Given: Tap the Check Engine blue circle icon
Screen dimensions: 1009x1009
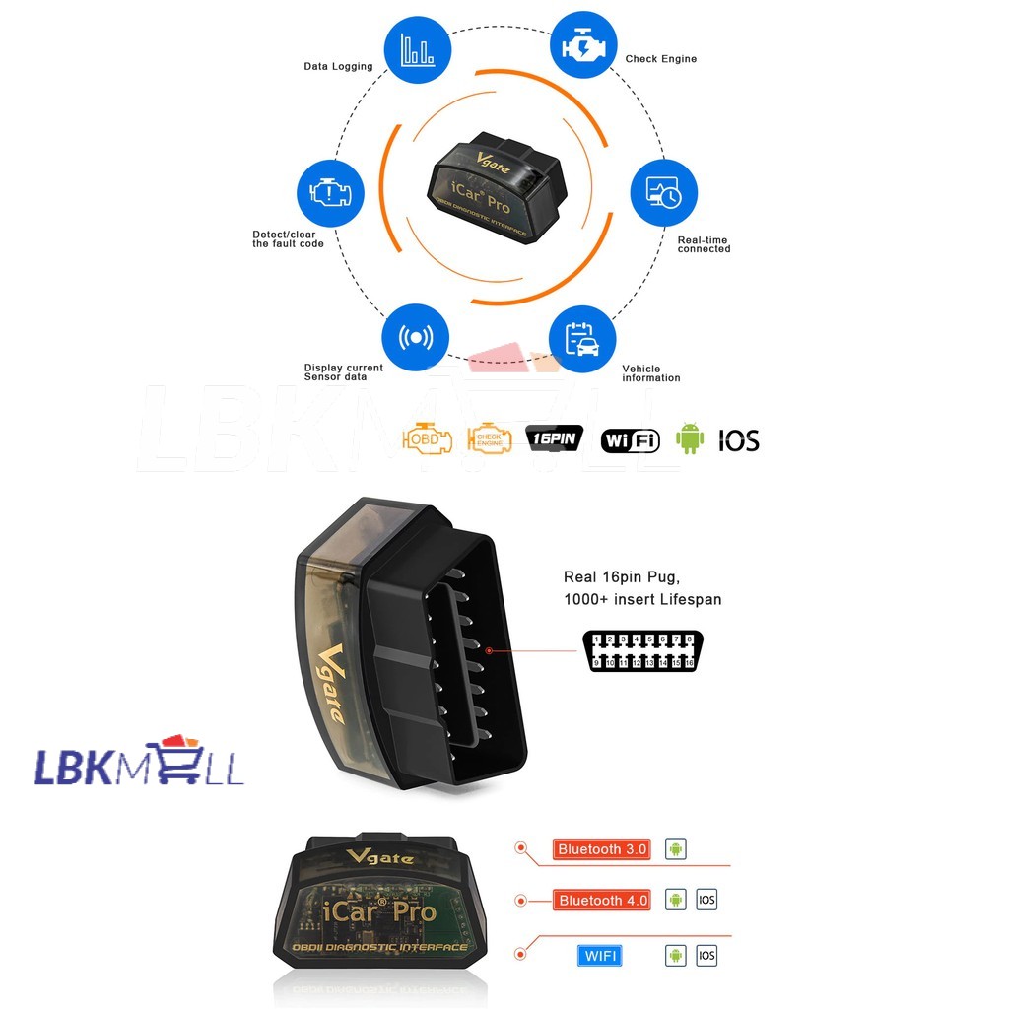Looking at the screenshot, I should (582, 44).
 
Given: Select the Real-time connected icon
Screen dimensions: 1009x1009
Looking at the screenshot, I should (663, 194).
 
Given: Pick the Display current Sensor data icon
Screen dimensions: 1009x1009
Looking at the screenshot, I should (416, 337).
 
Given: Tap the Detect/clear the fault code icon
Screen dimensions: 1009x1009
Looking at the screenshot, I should (330, 193).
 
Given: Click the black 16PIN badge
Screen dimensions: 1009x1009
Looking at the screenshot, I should (556, 438).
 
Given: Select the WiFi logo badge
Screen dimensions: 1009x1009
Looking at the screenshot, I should (630, 440).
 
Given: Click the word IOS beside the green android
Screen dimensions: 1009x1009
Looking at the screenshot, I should (738, 440).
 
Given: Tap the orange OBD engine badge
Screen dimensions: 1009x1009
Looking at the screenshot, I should (427, 438).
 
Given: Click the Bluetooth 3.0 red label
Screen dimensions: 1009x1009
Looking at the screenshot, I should (602, 849).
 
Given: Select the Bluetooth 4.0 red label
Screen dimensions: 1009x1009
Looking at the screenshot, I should (602, 901).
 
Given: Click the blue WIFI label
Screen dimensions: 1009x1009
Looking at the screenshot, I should (599, 956).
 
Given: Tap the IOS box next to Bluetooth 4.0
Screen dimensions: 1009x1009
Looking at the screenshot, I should (706, 900).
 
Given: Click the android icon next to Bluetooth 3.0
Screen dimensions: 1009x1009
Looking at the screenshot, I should (675, 849).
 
